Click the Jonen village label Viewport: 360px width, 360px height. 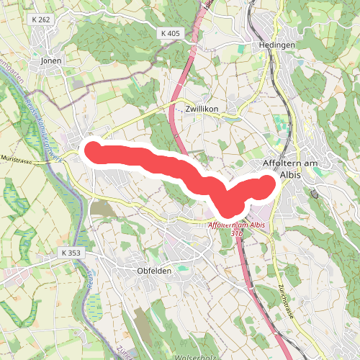52,61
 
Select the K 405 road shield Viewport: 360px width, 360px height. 170,33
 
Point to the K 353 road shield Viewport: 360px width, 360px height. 73,253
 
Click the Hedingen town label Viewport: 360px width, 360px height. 276,45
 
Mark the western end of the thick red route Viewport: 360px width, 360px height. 93,150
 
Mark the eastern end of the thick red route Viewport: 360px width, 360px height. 269,186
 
